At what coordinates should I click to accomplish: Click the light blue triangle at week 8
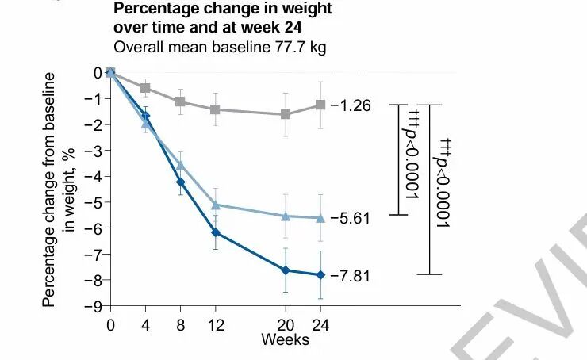(x=180, y=165)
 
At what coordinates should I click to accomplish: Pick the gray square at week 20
(x=286, y=114)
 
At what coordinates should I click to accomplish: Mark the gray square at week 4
(x=145, y=87)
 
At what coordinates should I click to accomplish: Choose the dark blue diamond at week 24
(x=320, y=274)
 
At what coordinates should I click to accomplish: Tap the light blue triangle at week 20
(x=286, y=216)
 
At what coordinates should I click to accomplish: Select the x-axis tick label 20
(x=286, y=324)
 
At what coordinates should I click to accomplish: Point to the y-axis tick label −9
(x=96, y=306)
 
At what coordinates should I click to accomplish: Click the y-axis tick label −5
(x=96, y=202)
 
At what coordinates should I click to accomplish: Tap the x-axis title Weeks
(x=286, y=339)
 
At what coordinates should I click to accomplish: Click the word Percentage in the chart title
(x=152, y=9)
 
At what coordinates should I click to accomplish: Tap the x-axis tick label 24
(x=320, y=324)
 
